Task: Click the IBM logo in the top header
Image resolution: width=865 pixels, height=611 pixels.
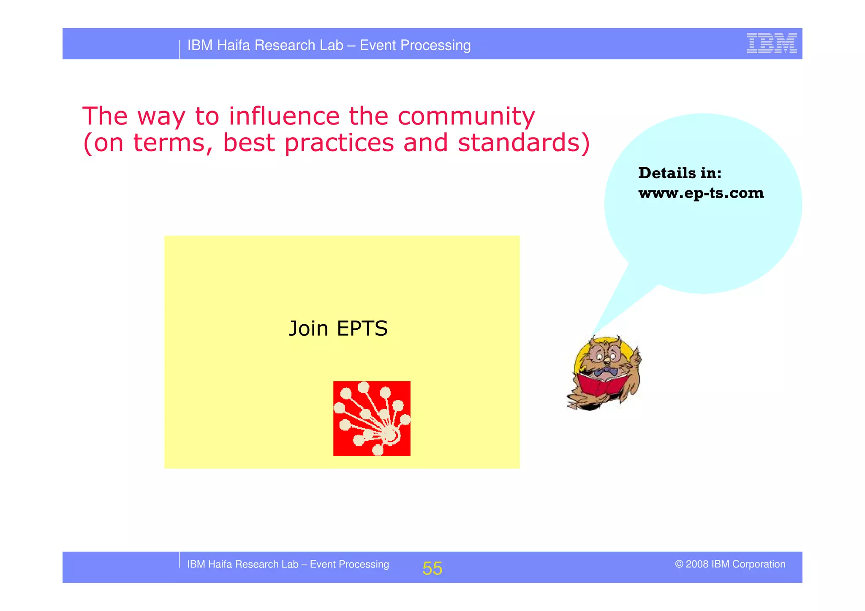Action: pos(771,43)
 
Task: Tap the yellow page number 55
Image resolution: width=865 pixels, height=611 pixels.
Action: pos(432,568)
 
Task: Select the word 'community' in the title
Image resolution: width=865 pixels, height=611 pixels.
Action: pos(466,117)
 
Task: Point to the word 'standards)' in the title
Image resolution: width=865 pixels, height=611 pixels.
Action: pos(524,143)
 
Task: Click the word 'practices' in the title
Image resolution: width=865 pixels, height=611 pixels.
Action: pos(339,143)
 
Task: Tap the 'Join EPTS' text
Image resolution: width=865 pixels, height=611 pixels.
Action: pos(338,329)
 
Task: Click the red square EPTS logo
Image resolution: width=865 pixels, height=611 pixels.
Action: pos(372,418)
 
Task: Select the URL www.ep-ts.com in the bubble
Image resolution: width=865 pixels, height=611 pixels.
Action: pos(701,193)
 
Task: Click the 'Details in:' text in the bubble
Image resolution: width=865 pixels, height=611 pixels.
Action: pos(680,173)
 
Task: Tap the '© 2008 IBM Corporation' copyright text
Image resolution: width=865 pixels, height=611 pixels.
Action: pos(730,564)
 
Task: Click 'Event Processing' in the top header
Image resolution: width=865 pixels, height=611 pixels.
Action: pos(415,45)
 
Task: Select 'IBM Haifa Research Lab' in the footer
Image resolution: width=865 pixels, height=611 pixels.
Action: pos(242,565)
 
